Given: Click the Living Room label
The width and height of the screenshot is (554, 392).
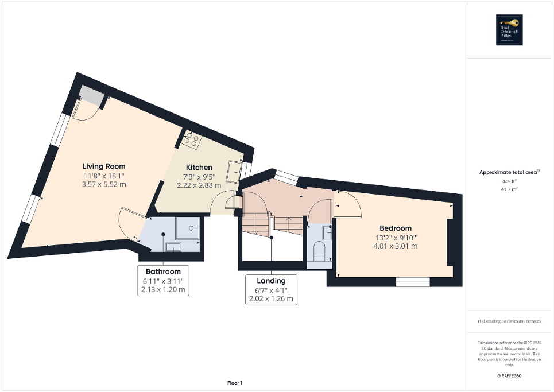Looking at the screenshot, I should coord(103,166).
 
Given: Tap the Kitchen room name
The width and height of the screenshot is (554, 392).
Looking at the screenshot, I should coord(198,168).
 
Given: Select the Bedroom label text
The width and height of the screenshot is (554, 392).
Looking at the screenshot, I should coord(395,228).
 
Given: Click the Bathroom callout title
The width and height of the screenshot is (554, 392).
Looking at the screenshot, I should coord(163,271).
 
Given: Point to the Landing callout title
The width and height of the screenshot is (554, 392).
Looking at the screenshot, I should coord(271,281).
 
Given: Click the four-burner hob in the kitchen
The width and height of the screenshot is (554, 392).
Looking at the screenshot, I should coord(191,138).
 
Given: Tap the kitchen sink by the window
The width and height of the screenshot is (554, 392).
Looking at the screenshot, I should coord(234,171).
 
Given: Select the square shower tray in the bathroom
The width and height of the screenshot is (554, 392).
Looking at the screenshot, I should coord(188,228).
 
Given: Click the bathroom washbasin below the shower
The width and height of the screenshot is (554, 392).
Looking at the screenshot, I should coord(173,247).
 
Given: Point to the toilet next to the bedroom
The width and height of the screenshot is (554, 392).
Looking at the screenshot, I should coord(320,250).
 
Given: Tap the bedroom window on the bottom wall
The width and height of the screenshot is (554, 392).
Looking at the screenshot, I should coord(413,282).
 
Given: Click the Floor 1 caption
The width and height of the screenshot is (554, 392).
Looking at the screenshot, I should coord(234,383).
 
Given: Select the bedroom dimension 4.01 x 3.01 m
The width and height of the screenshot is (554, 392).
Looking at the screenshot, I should coord(395,246).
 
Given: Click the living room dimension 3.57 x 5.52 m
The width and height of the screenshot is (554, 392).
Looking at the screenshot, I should coord(103,184).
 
